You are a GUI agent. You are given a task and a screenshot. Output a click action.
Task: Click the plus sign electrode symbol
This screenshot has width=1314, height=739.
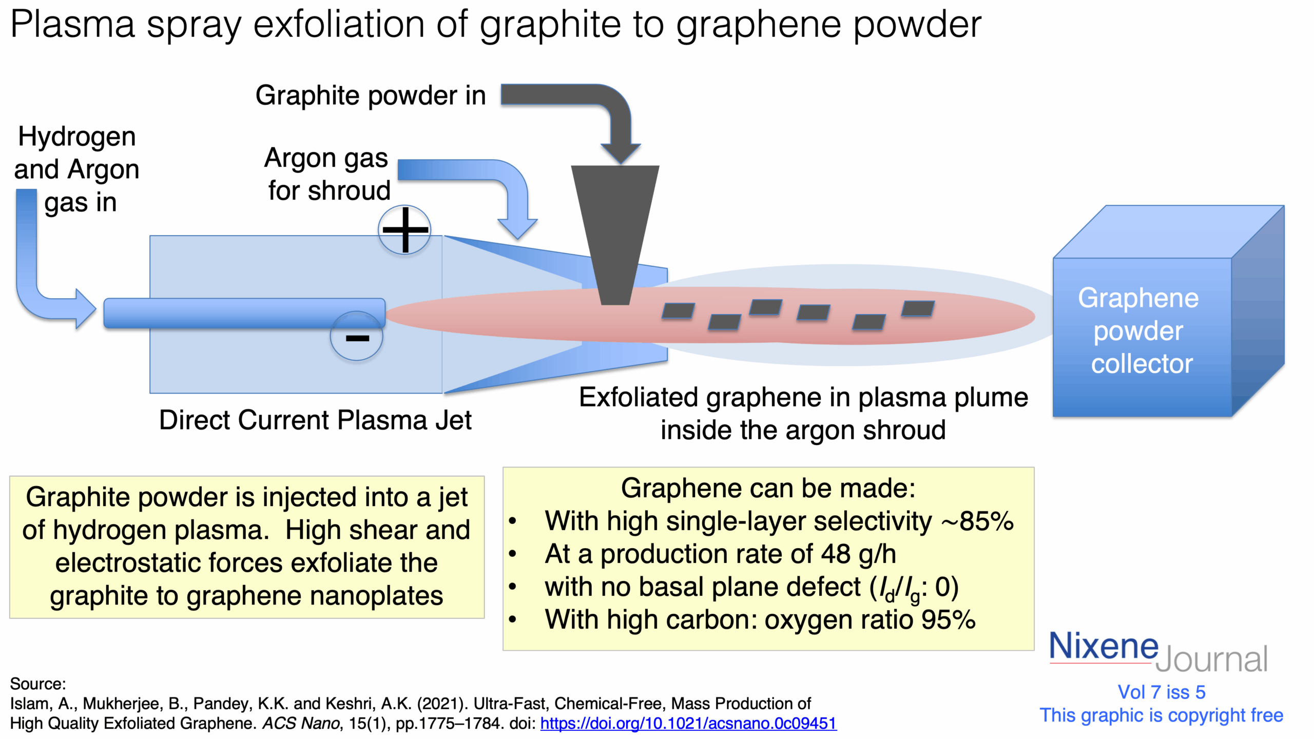(x=405, y=229)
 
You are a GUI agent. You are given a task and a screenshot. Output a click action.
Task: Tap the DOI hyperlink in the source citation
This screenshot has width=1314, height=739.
(x=688, y=723)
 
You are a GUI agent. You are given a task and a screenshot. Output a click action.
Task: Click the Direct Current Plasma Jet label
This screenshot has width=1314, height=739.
(x=315, y=420)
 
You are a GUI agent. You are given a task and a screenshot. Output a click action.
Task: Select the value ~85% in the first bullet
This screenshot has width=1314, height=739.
(x=977, y=521)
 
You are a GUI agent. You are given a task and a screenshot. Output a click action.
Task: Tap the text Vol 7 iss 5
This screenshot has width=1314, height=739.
(x=1162, y=692)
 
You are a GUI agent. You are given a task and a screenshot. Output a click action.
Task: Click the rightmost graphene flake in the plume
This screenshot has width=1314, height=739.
(x=918, y=308)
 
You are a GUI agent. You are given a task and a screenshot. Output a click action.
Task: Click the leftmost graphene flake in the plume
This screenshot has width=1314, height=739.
(x=678, y=311)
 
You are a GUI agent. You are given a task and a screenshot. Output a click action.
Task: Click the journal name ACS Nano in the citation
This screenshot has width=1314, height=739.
(x=301, y=723)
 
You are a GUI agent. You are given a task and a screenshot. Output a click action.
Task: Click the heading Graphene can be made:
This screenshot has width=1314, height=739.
(x=768, y=488)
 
